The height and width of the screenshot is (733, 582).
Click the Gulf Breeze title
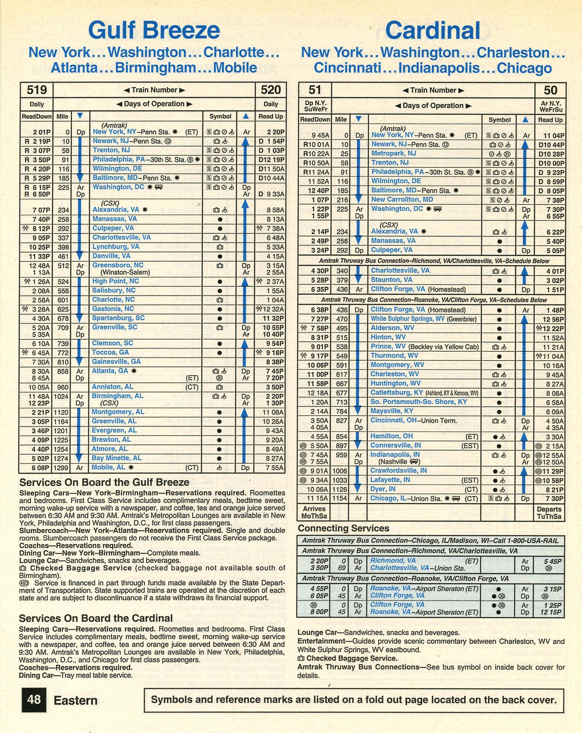pyautogui.click(x=154, y=30)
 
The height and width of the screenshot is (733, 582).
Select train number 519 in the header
pyautogui.click(x=37, y=90)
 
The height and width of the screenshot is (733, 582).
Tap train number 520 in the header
pyautogui.click(x=271, y=90)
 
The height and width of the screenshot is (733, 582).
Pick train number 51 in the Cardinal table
pyautogui.click(x=314, y=90)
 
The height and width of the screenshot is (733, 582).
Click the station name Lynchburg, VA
pyautogui.click(x=116, y=247)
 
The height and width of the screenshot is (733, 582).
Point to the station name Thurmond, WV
pyautogui.click(x=394, y=356)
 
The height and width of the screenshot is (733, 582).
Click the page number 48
pyautogui.click(x=34, y=700)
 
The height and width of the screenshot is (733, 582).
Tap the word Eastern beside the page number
pyautogui.click(x=75, y=700)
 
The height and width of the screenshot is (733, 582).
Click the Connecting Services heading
pyautogui.click(x=343, y=528)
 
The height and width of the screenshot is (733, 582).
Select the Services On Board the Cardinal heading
pyautogui.click(x=96, y=618)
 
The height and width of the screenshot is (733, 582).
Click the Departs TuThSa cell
pyautogui.click(x=549, y=513)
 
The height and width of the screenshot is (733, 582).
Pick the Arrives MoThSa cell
pyautogui.click(x=314, y=512)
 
